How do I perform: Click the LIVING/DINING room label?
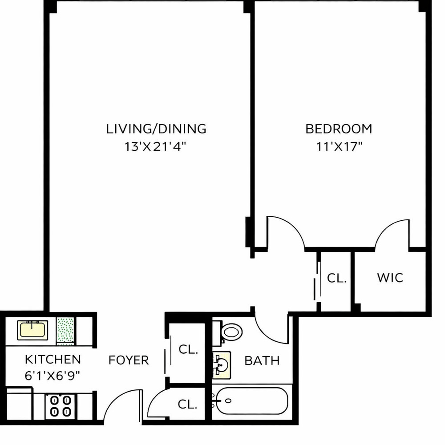point(156,129)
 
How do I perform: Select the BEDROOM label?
point(339,129)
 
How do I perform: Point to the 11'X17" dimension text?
point(339,147)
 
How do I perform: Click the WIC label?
point(390,278)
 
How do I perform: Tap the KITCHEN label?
point(53,359)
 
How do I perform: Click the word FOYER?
point(129,360)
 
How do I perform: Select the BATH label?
point(262,360)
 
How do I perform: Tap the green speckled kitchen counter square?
point(65,330)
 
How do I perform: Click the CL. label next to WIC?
point(336,279)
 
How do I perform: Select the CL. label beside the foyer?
point(188,349)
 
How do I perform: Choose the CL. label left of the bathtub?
point(188,405)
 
